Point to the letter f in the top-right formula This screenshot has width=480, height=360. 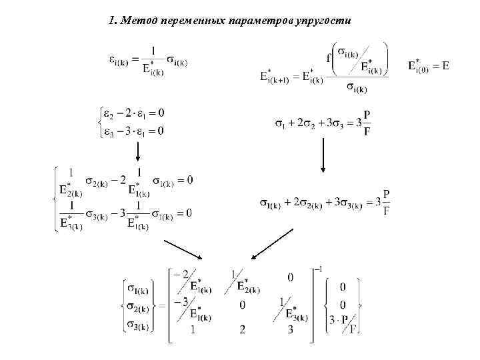click(x=329, y=58)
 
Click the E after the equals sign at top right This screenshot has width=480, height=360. click(x=445, y=65)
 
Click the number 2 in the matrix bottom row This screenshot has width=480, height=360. click(x=242, y=329)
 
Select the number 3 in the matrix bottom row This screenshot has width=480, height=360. click(x=289, y=329)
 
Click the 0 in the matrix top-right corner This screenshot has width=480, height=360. click(x=290, y=276)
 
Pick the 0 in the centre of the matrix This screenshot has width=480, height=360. click(x=242, y=305)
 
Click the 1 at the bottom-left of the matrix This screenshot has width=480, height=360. click(x=193, y=329)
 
